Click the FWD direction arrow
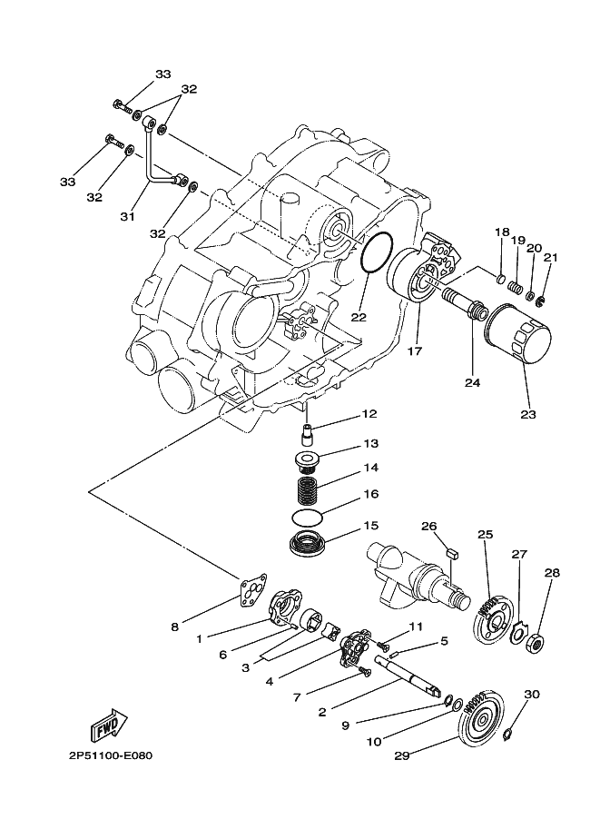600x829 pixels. click(111, 725)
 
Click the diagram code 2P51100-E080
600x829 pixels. click(111, 755)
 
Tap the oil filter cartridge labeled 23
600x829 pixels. click(517, 333)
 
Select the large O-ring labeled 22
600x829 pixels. click(377, 253)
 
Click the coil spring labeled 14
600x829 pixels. click(308, 491)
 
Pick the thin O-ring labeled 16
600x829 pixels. click(307, 518)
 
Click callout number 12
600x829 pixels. click(369, 413)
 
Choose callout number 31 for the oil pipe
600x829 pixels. click(127, 216)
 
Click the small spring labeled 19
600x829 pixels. click(516, 288)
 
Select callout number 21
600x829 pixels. click(551, 258)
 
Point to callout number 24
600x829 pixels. click(472, 381)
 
